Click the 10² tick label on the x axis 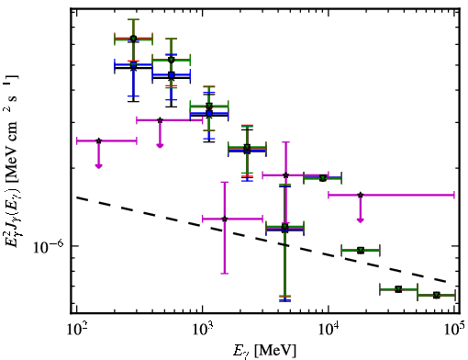click(76, 329)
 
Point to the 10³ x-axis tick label click(202, 329)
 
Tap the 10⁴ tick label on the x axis click(329, 329)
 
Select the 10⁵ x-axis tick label click(454, 329)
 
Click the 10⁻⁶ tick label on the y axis click(49, 247)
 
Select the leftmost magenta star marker click(98, 141)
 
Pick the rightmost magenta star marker click(361, 195)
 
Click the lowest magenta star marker click(225, 219)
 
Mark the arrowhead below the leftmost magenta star click(98, 165)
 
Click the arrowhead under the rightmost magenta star click(361, 219)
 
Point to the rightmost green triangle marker click(437, 295)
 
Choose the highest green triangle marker click(133, 39)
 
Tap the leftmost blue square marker click(133, 65)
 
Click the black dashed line click(262, 239)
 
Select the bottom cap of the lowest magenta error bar click(225, 274)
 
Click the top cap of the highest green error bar click(133, 19)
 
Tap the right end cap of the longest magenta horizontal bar click(454, 195)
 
